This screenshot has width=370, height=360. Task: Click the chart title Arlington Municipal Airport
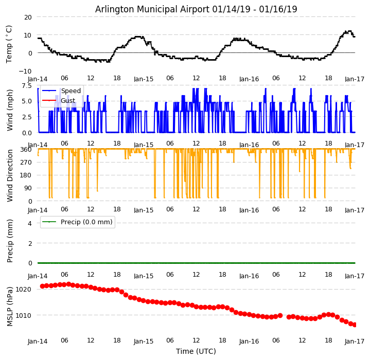pyautogui.click(x=196, y=9)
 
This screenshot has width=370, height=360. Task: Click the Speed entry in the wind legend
pyautogui.click(x=71, y=91)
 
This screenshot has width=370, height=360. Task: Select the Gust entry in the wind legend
pyautogui.click(x=68, y=101)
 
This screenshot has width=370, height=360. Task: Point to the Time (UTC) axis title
pyautogui.click(x=196, y=351)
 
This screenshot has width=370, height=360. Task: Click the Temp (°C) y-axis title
pyautogui.click(x=9, y=44)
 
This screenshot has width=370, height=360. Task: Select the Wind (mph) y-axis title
pyautogui.click(x=10, y=110)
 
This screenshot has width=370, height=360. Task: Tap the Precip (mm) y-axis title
pyautogui.click(x=10, y=241)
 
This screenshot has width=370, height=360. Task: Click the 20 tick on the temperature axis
pyautogui.click(x=27, y=17)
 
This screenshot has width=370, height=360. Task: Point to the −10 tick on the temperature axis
pyautogui.click(x=26, y=71)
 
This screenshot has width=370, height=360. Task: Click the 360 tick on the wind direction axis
pyautogui.click(x=26, y=149)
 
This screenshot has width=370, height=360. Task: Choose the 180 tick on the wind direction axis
pyautogui.click(x=26, y=175)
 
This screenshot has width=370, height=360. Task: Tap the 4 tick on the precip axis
pyautogui.click(x=30, y=224)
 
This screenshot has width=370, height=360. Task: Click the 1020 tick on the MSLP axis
pyautogui.click(x=24, y=289)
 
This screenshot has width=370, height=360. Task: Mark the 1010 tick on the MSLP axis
pyautogui.click(x=24, y=315)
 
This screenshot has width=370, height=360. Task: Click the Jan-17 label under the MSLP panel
pyautogui.click(x=355, y=341)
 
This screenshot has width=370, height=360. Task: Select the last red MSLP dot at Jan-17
pyautogui.click(x=355, y=325)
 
